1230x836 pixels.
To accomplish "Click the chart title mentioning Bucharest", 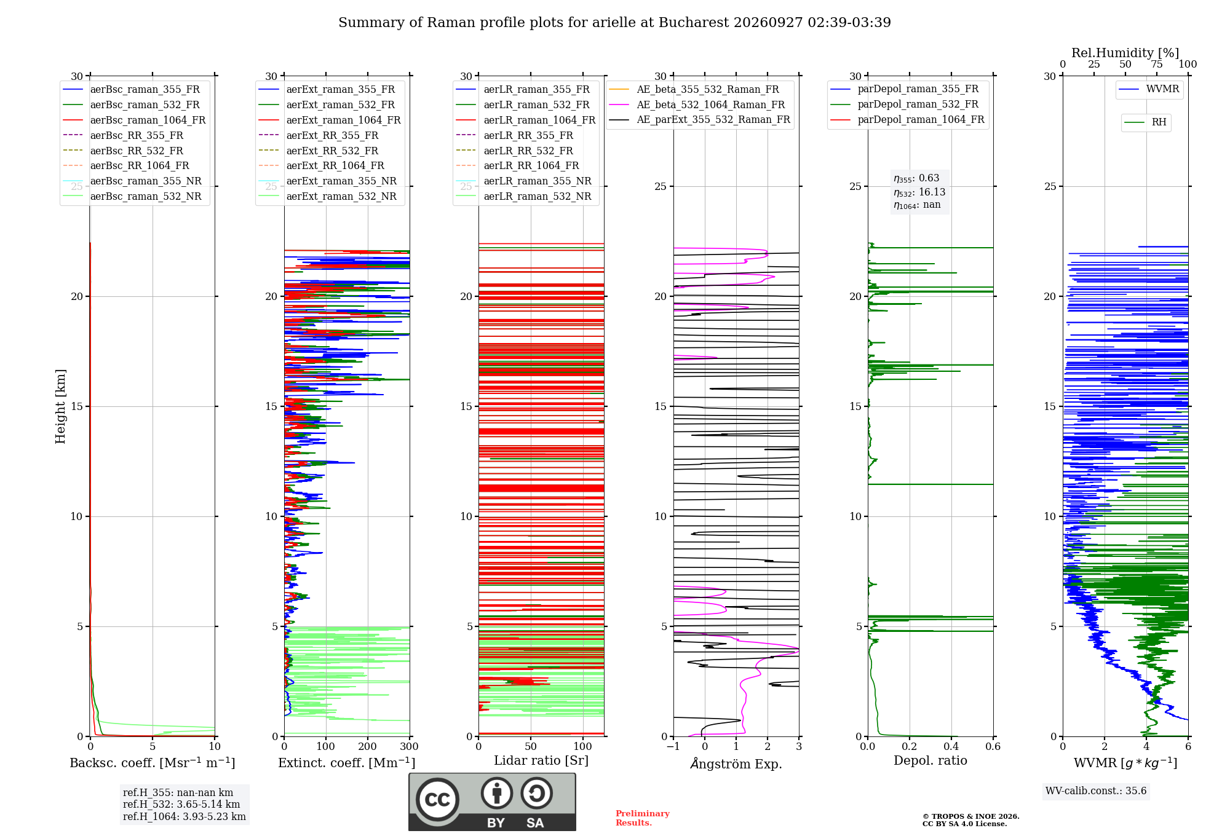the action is pos(614,23).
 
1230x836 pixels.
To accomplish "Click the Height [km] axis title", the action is pos(60,406).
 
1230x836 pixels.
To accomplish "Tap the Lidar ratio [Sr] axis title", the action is pos(541,760).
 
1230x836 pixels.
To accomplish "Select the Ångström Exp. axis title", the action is pos(736,763).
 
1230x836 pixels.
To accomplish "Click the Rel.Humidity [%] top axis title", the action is pos(1125,53).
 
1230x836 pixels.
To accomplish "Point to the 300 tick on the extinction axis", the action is pos(410,746).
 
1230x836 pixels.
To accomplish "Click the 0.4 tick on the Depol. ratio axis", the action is pos(951,746).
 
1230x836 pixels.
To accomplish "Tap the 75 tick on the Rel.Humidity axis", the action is pos(1157,64).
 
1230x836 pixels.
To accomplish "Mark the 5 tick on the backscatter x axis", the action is pos(153,746).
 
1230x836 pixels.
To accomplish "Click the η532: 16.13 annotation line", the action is pos(919,192).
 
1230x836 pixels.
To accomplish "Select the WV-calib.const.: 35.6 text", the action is pos(1096,791).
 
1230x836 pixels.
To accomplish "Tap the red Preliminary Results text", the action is pos(643,818).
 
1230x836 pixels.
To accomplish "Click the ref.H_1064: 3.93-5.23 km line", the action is pos(184,816).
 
